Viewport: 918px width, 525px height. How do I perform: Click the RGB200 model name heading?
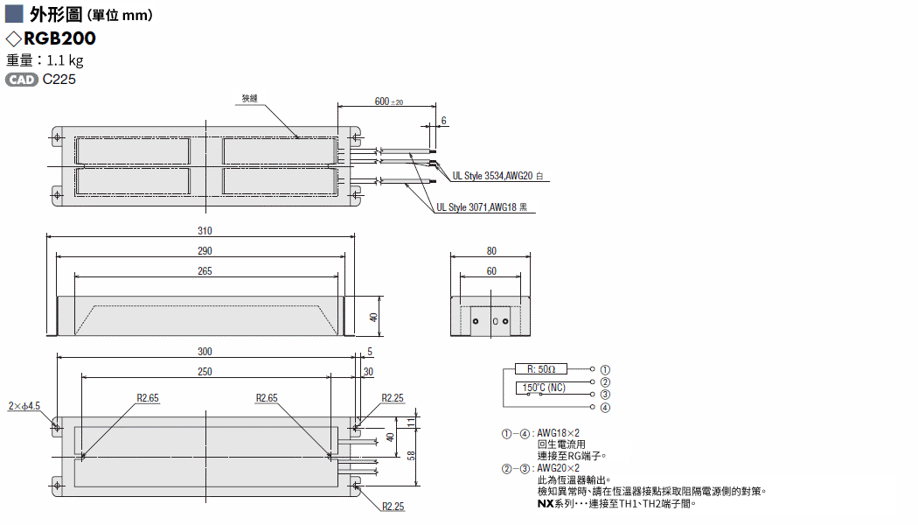pyautogui.click(x=59, y=38)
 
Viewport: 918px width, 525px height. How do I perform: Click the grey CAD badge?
pyautogui.click(x=22, y=80)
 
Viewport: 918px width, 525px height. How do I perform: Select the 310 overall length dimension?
pyautogui.click(x=205, y=231)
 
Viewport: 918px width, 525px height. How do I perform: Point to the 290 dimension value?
pyautogui.click(x=205, y=251)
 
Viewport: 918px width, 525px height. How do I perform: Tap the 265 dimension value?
pyautogui.click(x=205, y=271)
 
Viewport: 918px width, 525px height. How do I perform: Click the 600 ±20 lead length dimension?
pyautogui.click(x=389, y=101)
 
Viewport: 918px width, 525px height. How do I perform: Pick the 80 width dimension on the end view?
pyautogui.click(x=491, y=251)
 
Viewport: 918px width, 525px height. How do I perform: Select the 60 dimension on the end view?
pyautogui.click(x=491, y=270)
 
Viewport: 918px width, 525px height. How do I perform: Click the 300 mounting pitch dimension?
pyautogui.click(x=205, y=352)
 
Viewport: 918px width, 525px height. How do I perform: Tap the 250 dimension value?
pyautogui.click(x=205, y=372)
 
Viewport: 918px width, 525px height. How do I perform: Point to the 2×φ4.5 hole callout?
pyautogui.click(x=24, y=406)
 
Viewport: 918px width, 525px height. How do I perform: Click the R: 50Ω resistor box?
pyautogui.click(x=541, y=369)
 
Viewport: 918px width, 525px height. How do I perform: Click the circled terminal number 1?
pyautogui.click(x=605, y=370)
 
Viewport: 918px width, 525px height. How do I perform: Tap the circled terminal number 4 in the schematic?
pyautogui.click(x=605, y=407)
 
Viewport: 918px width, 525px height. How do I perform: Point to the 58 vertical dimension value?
pyautogui.click(x=412, y=455)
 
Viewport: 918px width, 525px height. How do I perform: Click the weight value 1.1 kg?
pyautogui.click(x=65, y=60)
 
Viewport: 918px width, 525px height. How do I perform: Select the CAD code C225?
pyautogui.click(x=59, y=80)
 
